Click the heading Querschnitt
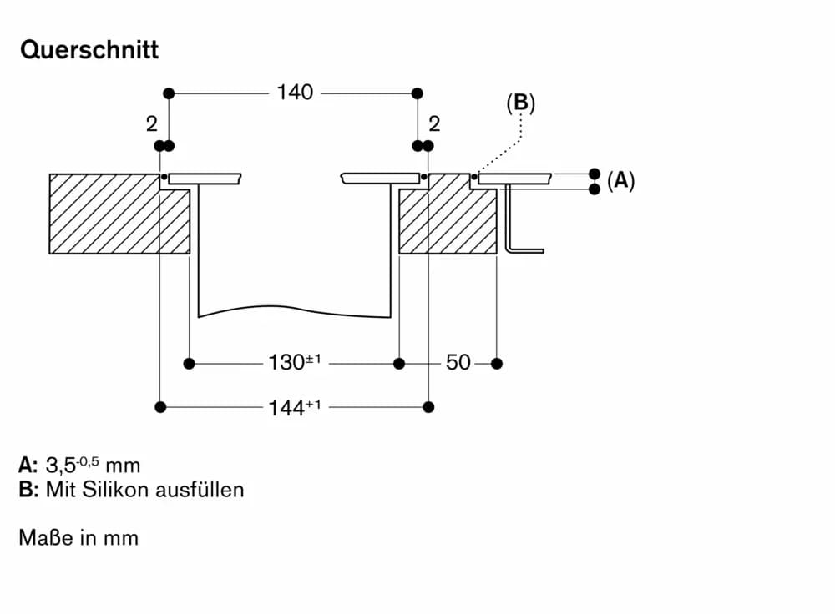coord(89,50)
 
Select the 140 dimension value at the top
coord(296,93)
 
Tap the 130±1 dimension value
coord(294,363)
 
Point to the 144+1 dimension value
coord(294,407)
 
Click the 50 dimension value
coord(458,363)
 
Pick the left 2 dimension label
coord(151,124)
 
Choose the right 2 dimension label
coord(434,124)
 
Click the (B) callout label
coord(520,103)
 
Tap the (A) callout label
coord(620,181)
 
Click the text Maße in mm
coord(78,538)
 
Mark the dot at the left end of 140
coord(170,93)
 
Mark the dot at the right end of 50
coord(497,363)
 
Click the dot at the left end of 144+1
coord(160,407)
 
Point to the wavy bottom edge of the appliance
coord(292,309)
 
